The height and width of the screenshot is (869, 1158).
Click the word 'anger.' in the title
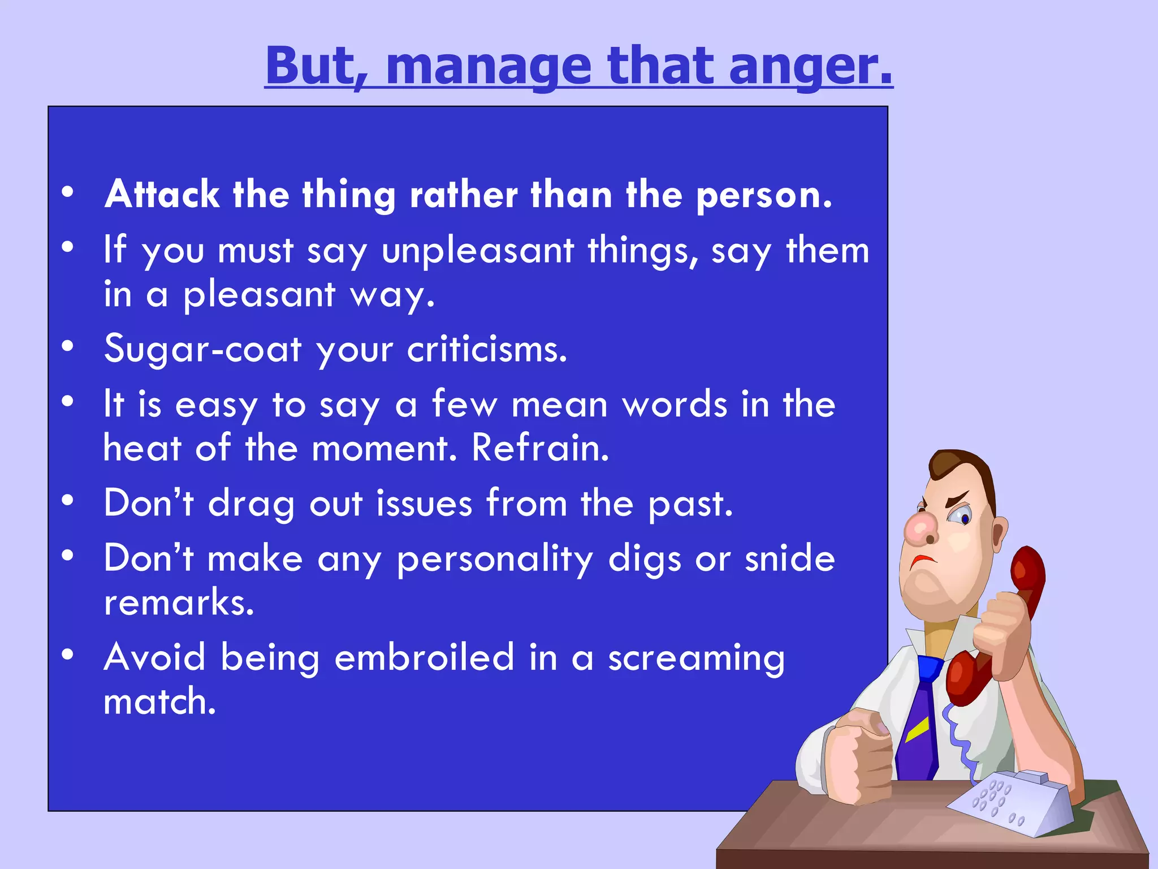click(810, 67)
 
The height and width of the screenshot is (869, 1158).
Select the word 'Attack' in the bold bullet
click(162, 195)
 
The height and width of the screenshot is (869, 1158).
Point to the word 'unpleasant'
click(478, 251)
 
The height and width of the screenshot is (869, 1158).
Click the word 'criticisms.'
click(487, 349)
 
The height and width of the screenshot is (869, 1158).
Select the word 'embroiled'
click(424, 657)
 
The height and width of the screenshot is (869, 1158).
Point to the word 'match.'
click(160, 702)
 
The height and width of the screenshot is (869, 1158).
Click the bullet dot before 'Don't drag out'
click(68, 501)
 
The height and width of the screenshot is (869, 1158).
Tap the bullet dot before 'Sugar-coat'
click(68, 346)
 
